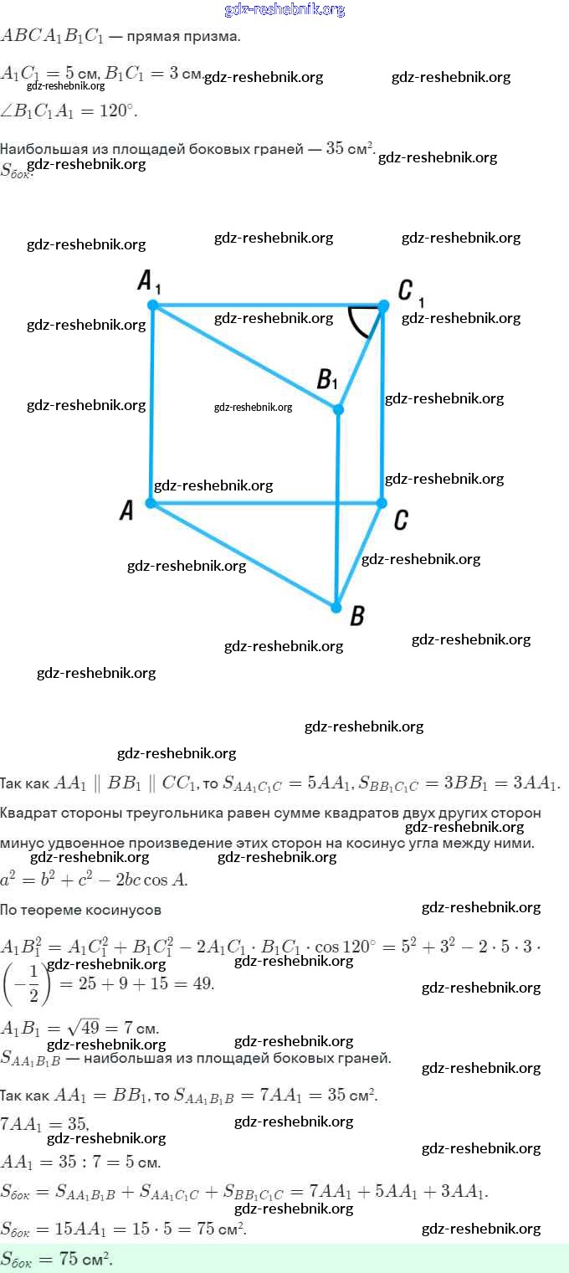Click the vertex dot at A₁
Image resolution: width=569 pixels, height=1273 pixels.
(152, 305)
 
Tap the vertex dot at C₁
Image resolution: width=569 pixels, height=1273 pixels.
(382, 306)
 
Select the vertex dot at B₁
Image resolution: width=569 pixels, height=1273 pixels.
(338, 409)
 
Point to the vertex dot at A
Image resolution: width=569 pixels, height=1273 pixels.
(151, 503)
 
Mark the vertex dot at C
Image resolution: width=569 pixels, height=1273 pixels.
(381, 503)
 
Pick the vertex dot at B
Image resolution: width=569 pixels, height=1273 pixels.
(336, 607)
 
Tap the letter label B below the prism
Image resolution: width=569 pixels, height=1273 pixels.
(356, 618)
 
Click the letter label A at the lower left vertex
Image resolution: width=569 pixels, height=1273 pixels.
(127, 510)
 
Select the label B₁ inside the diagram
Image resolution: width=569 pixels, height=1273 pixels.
(326, 379)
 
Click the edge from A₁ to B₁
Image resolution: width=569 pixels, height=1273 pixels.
(245, 357)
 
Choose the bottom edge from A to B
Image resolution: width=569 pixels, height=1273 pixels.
(243, 555)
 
